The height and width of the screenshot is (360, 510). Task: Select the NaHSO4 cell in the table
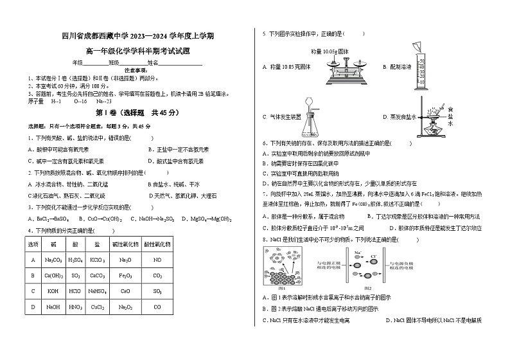click(x=98, y=291)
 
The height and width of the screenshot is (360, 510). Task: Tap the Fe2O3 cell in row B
click(x=125, y=276)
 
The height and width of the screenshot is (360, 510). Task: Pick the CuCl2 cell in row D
click(x=98, y=307)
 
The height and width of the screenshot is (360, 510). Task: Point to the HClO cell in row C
click(x=76, y=291)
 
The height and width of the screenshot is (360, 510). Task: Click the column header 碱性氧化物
click(x=125, y=245)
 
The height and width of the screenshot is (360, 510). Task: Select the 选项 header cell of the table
click(x=33, y=245)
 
